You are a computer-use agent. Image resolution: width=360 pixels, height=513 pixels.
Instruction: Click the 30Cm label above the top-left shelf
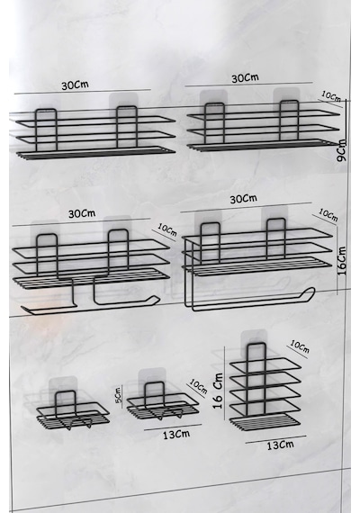75,85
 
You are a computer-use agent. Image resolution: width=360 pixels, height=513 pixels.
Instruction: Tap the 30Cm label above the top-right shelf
245,78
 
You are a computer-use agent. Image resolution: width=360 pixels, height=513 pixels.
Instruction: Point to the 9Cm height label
341,150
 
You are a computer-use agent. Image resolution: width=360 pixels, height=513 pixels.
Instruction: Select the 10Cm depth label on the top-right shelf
331,96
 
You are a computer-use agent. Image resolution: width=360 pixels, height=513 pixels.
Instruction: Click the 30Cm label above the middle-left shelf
82,213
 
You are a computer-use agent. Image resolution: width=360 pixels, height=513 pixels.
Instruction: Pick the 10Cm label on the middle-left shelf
167,229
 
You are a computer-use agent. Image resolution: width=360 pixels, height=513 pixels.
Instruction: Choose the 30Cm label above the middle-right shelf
244,199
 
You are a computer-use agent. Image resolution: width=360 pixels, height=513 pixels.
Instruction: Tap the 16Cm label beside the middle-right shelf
341,261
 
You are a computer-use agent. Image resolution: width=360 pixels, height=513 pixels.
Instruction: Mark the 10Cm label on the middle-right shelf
328,215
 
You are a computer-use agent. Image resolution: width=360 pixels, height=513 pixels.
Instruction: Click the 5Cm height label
119,394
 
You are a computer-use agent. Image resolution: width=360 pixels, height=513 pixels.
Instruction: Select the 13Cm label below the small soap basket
176,435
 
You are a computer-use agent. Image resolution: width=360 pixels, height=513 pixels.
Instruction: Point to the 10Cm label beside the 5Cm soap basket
198,386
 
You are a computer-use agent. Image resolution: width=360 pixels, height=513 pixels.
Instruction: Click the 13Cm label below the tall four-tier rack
280,445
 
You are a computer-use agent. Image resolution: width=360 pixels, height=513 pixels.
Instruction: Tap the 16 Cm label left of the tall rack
218,391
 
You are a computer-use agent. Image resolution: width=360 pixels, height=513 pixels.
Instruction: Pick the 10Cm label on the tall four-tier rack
300,347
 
